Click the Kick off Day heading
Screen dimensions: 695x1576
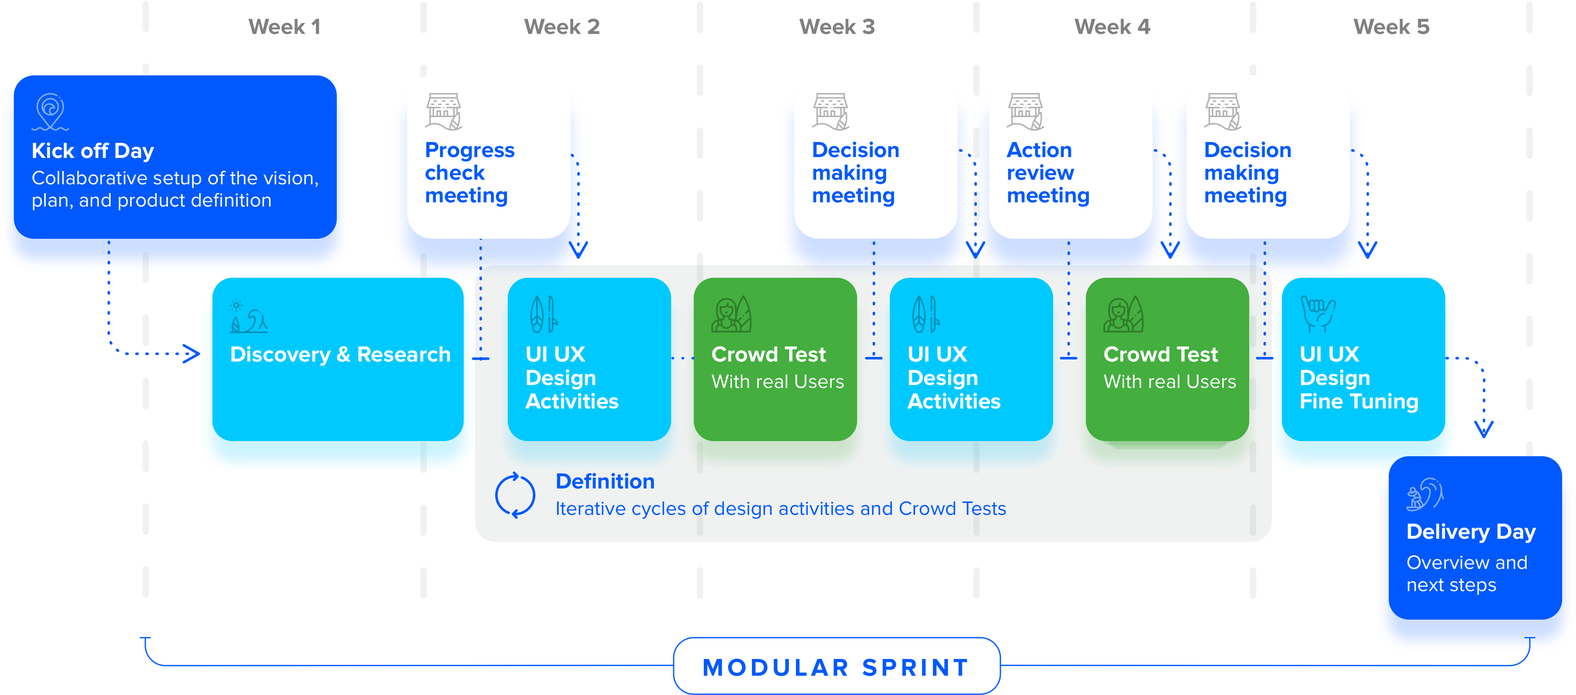click(93, 150)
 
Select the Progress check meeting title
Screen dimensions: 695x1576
click(469, 173)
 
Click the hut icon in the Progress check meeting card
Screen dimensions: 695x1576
click(444, 111)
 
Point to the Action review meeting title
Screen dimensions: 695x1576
click(1047, 173)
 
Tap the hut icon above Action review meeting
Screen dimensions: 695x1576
click(1026, 111)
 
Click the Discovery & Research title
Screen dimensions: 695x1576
click(340, 354)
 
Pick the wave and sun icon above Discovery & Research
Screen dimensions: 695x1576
click(248, 316)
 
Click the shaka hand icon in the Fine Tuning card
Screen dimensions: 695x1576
click(1318, 314)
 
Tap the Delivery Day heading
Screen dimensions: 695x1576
click(1471, 532)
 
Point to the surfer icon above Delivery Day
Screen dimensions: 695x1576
click(1425, 494)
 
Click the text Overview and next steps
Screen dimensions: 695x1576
click(1467, 573)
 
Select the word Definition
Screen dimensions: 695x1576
click(605, 481)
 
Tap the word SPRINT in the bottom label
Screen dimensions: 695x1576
click(915, 667)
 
